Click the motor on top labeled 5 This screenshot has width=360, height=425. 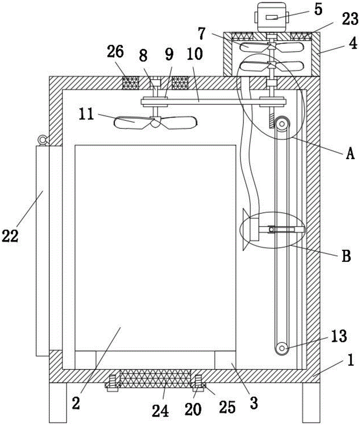(x=271, y=17)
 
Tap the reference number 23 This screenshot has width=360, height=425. (x=350, y=20)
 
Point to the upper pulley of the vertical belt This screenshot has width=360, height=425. (x=282, y=124)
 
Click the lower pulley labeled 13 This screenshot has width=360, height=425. (x=282, y=348)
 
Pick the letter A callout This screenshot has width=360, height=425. (x=350, y=154)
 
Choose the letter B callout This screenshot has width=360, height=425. (x=346, y=255)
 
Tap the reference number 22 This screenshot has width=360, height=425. (x=10, y=236)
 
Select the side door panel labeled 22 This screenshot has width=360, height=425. (x=42, y=251)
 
